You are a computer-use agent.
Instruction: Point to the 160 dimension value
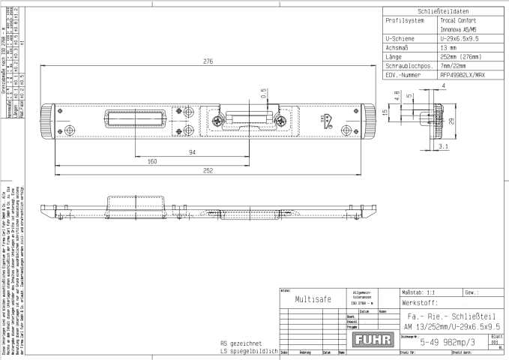[x=152, y=160]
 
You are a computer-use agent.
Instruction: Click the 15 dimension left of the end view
[x=383, y=113]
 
